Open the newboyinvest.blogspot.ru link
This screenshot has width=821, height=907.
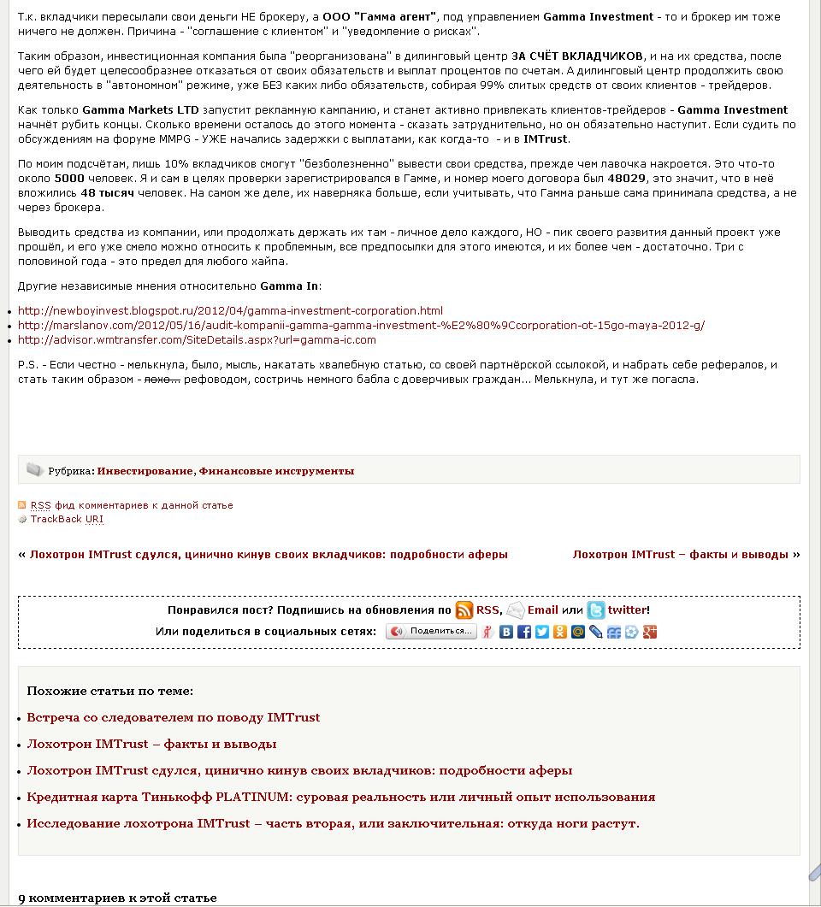click(x=230, y=310)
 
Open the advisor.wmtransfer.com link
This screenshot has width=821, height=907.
click(x=197, y=339)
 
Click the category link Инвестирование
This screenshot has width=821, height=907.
click(x=145, y=471)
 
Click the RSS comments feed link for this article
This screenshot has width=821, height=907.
click(x=132, y=505)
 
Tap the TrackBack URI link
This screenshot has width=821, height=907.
click(x=67, y=519)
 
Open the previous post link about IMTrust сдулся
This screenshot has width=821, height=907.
click(x=269, y=555)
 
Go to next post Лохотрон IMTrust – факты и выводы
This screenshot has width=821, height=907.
click(x=680, y=555)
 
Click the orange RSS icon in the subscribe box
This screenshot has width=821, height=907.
click(x=464, y=610)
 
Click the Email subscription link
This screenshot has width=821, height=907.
click(x=542, y=610)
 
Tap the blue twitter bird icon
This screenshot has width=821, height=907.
click(x=596, y=610)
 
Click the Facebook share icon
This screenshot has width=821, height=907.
click(x=524, y=633)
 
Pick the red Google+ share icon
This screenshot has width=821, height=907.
click(x=650, y=633)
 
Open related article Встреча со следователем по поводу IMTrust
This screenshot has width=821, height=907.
click(x=174, y=717)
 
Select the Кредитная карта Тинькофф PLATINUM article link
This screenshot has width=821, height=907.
click(x=340, y=797)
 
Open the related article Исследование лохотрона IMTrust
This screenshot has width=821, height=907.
click(x=333, y=824)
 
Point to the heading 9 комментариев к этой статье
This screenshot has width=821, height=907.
click(x=117, y=898)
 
